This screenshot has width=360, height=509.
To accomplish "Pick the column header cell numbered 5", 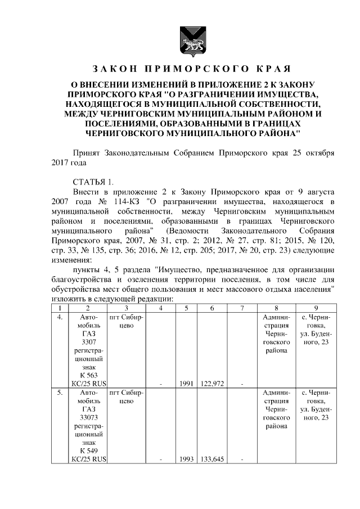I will point(186,308).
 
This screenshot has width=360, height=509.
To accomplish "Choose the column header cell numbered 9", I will point(316,308).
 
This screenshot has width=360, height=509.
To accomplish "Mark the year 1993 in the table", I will point(186,459).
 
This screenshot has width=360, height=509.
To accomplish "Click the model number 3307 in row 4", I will point(88,342).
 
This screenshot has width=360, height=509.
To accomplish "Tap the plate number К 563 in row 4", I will point(88,375).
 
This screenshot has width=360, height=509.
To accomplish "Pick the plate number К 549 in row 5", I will point(88,451).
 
